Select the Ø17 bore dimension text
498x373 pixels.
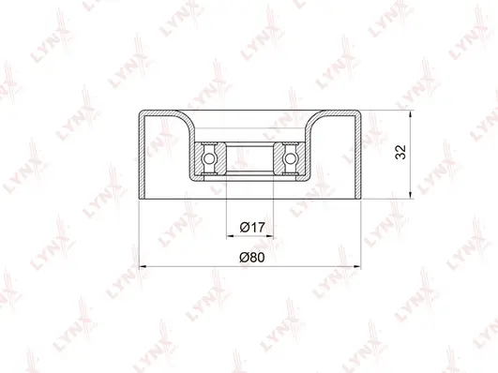(x=250, y=227)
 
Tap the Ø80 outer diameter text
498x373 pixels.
(x=251, y=257)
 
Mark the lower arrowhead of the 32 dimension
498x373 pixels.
(x=410, y=199)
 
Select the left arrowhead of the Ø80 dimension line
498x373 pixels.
(x=143, y=267)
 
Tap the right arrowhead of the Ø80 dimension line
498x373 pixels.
(x=358, y=267)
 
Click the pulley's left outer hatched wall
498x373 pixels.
(x=141, y=159)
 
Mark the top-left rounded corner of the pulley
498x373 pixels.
(x=143, y=114)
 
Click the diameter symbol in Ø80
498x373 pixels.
(x=243, y=257)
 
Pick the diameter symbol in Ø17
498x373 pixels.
(x=243, y=227)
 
